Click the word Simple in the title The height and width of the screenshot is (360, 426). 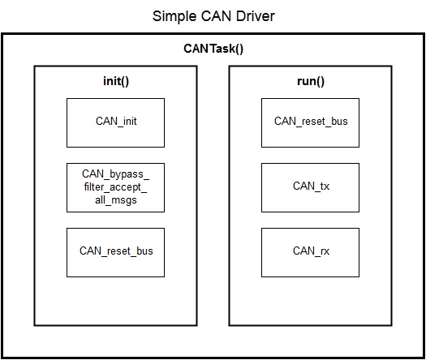coord(174,17)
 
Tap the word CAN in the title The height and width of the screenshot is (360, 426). coord(216,16)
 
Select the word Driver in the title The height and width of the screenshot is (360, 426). coord(256,16)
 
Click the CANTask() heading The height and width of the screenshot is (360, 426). coord(213,49)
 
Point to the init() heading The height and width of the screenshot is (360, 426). coord(116,81)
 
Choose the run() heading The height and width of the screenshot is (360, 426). coord(311,81)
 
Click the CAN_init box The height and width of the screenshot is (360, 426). coord(115,122)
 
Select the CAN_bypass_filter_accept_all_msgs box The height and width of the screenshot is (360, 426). coord(115,187)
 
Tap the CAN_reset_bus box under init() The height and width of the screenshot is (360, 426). coord(115,252)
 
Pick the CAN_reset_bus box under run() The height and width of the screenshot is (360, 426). coord(310,122)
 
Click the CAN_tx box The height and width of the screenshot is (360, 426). coord(310,187)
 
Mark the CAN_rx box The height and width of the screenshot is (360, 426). coord(310,252)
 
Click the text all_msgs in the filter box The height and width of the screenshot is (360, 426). coord(116,200)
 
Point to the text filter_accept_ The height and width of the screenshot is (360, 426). coord(115,187)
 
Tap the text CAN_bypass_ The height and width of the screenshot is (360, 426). coord(115,174)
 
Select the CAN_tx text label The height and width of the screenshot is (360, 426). coord(311,186)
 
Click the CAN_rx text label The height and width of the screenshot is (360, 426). coord(311,251)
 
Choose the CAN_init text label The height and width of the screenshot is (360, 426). coord(116,122)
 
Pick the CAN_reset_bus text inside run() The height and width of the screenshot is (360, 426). coord(311,122)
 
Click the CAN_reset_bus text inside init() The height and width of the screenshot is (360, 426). coord(116,251)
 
